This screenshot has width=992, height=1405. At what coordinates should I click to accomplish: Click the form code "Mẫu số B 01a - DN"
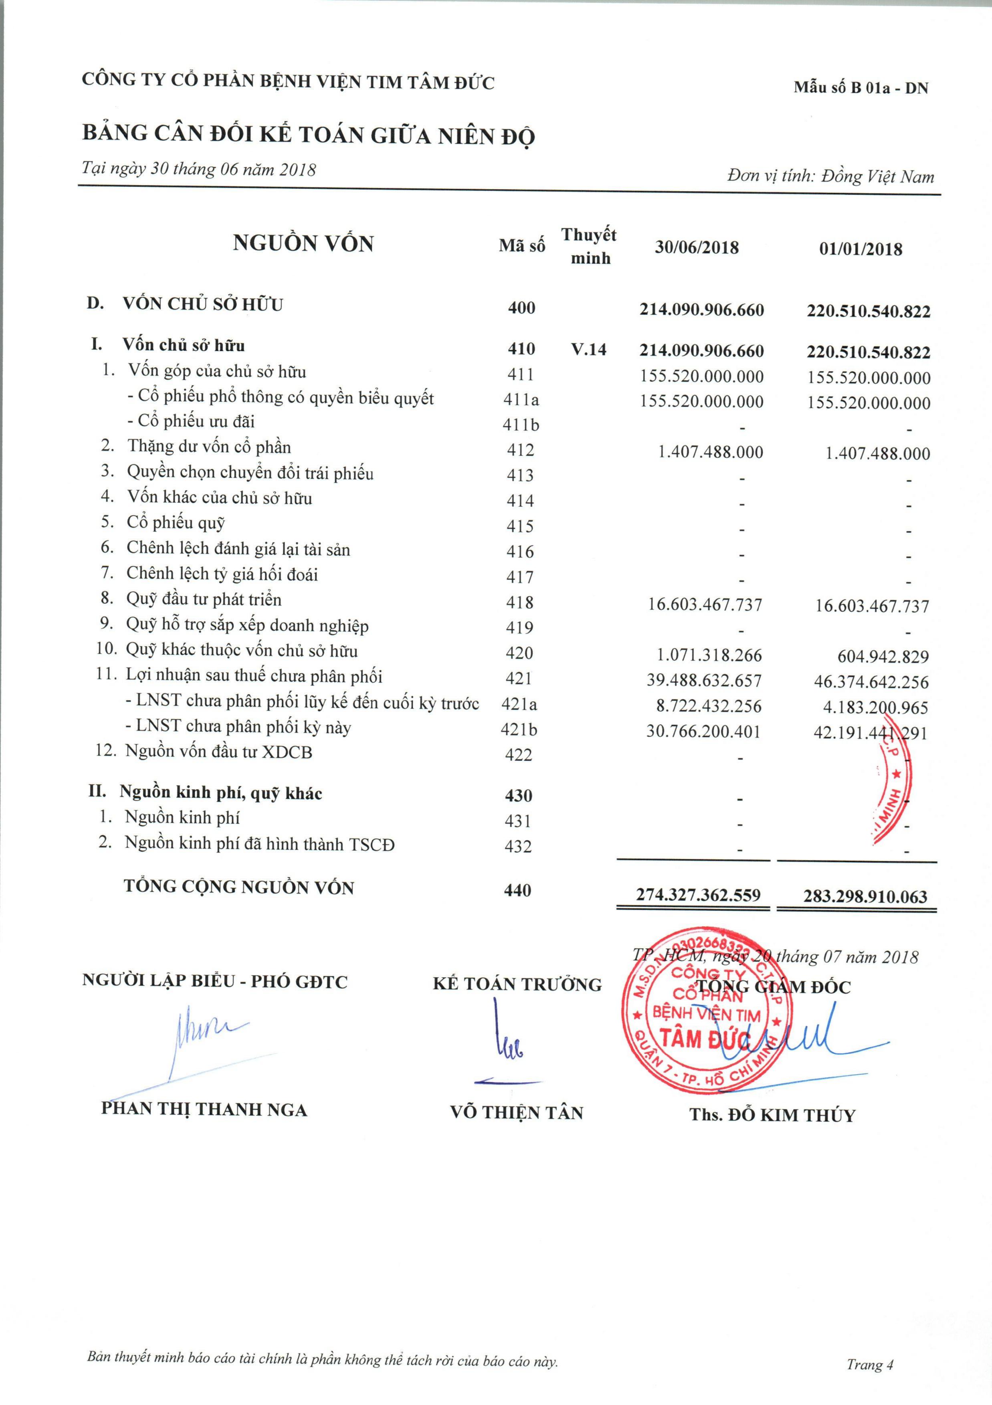[x=861, y=87]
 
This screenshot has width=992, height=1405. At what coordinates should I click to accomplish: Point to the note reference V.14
[x=589, y=350]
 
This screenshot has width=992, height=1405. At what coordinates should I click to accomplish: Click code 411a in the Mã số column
[x=521, y=400]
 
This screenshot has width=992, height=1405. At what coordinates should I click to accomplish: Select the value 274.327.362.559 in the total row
[x=698, y=895]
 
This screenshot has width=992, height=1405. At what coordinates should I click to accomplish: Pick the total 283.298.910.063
[x=865, y=896]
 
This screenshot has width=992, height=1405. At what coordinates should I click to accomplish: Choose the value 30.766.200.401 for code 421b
[x=703, y=731]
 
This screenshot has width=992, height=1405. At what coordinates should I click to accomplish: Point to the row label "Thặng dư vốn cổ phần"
[x=209, y=447]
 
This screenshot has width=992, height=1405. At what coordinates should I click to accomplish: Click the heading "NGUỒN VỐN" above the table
[x=303, y=244]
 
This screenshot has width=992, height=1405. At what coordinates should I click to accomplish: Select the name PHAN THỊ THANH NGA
[x=204, y=1110]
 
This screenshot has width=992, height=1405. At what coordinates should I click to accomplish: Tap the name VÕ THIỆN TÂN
[x=517, y=1112]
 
